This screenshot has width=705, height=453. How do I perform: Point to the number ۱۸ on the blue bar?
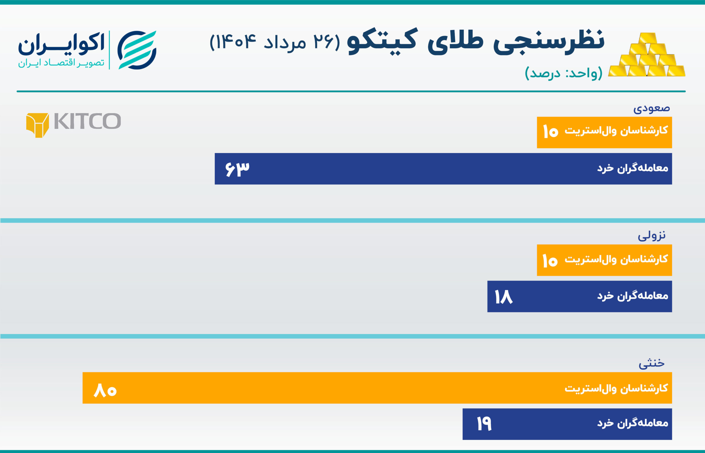pyautogui.click(x=503, y=297)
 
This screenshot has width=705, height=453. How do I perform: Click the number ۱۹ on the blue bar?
pyautogui.click(x=484, y=424)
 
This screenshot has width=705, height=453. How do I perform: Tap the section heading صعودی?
pyautogui.click(x=651, y=108)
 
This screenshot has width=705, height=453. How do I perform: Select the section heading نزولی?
pyautogui.click(x=651, y=236)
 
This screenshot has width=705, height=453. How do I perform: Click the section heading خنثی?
pyautogui.click(x=651, y=363)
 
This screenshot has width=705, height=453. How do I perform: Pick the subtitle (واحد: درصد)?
pyautogui.click(x=563, y=73)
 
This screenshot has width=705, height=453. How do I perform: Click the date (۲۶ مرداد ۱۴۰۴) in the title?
pyautogui.click(x=275, y=42)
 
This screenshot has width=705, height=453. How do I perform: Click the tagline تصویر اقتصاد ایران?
pyautogui.click(x=61, y=63)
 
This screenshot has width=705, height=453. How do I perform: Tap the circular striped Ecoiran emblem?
pyautogui.click(x=137, y=50)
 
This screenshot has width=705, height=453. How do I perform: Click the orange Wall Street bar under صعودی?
pyautogui.click(x=604, y=132)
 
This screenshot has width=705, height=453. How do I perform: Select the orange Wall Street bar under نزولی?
pyautogui.click(x=604, y=260)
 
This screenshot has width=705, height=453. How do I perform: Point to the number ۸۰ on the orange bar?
pyautogui.click(x=105, y=390)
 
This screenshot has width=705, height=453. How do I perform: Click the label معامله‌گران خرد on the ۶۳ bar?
pyautogui.click(x=633, y=168)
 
